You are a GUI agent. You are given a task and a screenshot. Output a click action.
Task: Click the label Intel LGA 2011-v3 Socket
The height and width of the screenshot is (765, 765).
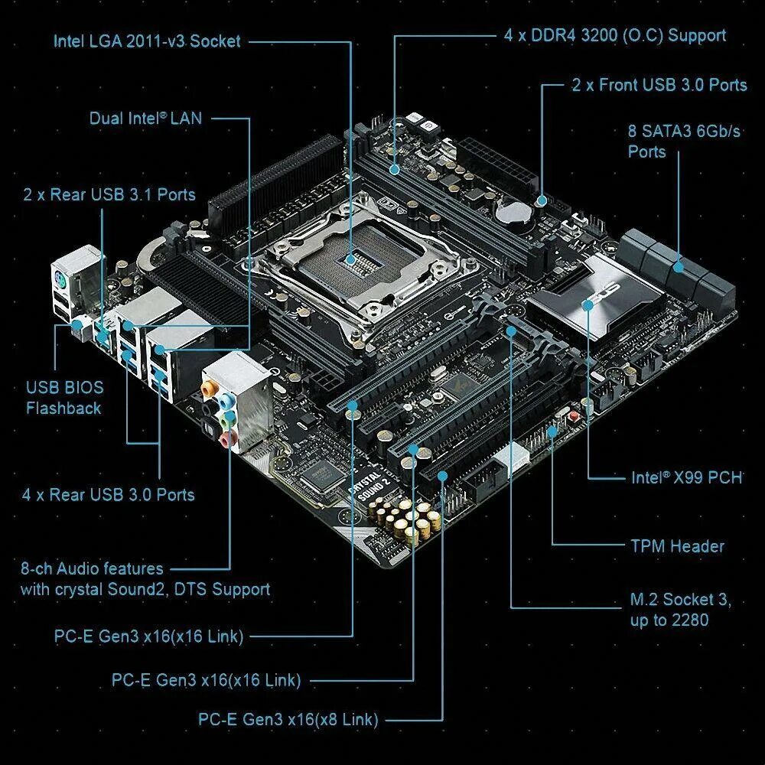pyautogui.click(x=146, y=41)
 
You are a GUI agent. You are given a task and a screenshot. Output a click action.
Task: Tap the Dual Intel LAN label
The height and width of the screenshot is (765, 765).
pyautogui.click(x=145, y=119)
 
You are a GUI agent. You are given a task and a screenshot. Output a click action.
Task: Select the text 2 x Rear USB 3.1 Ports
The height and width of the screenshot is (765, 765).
pyautogui.click(x=109, y=194)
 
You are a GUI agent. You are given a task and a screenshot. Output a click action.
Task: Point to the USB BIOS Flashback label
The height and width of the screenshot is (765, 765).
pyautogui.click(x=64, y=398)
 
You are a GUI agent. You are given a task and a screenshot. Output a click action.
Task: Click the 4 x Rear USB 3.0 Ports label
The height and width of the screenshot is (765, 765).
pyautogui.click(x=108, y=494)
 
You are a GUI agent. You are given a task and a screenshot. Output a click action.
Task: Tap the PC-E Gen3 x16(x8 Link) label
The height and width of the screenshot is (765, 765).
pyautogui.click(x=288, y=719)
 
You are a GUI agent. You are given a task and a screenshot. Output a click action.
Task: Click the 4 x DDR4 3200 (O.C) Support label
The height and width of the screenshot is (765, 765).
pyautogui.click(x=615, y=35)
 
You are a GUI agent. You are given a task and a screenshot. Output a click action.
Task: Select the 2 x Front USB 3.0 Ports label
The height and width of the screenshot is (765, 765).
pyautogui.click(x=659, y=85)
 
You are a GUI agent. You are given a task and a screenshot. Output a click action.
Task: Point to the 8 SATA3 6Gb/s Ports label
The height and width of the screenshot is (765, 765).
pyautogui.click(x=684, y=141)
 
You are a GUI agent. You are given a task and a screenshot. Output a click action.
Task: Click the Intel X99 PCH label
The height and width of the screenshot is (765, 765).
pyautogui.click(x=686, y=477)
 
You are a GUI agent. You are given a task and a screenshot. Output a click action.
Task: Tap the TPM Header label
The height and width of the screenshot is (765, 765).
pyautogui.click(x=677, y=546)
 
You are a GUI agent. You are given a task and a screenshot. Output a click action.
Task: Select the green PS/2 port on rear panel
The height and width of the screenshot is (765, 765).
pyautogui.click(x=62, y=282)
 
